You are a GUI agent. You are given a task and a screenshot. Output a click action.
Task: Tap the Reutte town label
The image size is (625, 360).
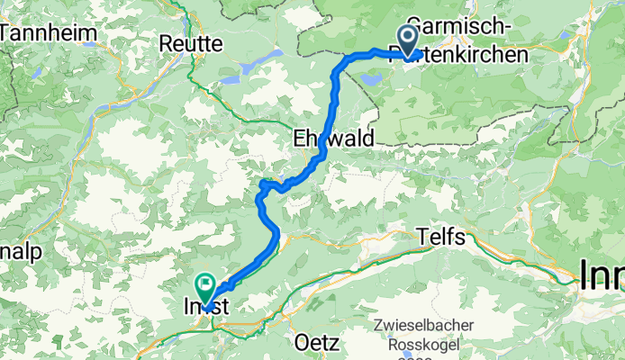(x=190, y=42)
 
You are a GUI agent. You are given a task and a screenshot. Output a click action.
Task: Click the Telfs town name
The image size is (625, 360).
(x=441, y=238)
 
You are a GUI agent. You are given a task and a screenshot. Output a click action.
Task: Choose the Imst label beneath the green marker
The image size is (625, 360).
(x=207, y=307)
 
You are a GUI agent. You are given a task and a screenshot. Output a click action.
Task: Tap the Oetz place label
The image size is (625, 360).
(x=316, y=342)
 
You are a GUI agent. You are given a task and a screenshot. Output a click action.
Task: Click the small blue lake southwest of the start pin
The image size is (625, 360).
(x=370, y=79)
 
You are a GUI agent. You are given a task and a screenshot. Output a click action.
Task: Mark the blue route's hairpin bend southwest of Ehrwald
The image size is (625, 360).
(x=262, y=185)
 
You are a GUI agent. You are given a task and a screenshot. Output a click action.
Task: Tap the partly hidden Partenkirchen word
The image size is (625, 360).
(x=468, y=56)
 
